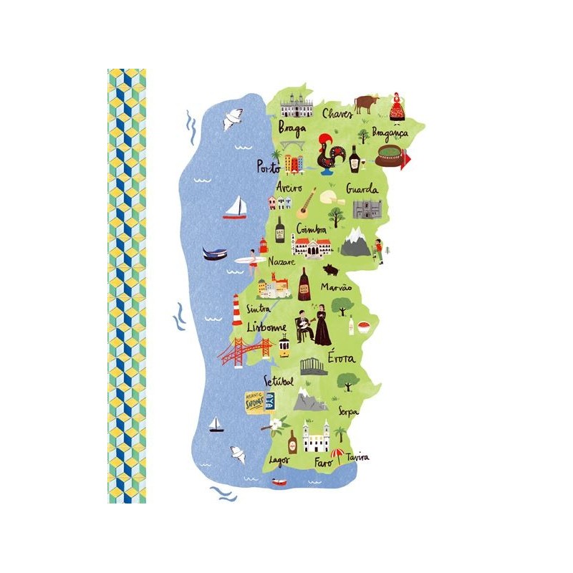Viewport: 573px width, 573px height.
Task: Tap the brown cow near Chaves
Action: pos(365,103)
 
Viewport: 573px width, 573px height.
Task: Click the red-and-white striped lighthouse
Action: pos(236,311)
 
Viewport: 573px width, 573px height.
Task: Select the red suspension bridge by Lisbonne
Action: pos(246,352)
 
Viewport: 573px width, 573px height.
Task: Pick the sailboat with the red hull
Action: pos(234,208)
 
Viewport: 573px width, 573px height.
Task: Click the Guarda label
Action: pos(362,190)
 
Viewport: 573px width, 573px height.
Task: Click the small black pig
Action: pos(330,270)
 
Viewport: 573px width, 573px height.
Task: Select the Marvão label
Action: pos(336,287)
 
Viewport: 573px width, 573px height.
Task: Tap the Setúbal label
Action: pos(279,381)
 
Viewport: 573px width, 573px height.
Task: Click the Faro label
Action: pos(323,463)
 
